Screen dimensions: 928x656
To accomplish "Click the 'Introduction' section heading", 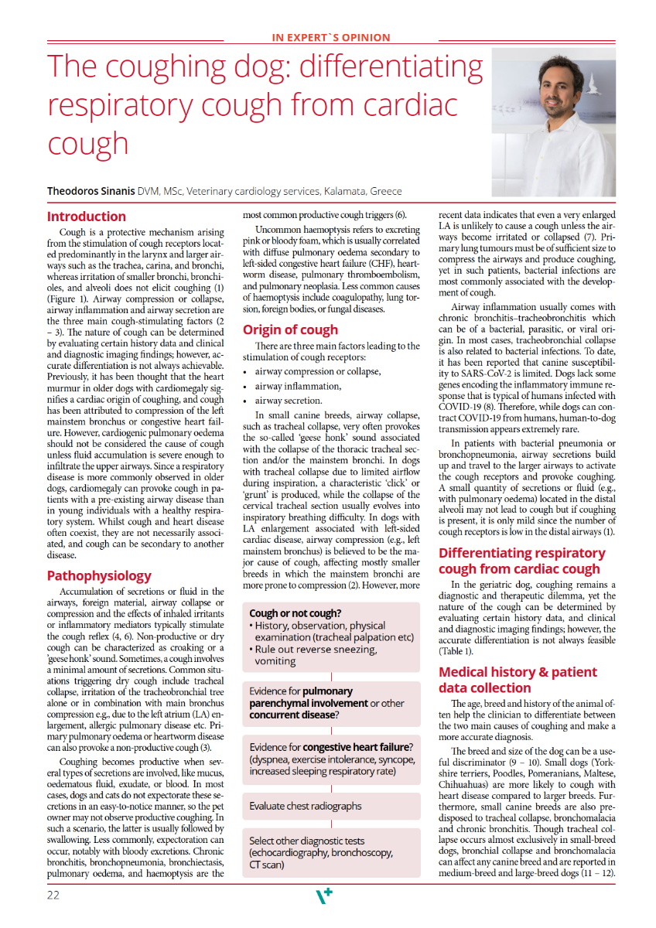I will click(x=86, y=217).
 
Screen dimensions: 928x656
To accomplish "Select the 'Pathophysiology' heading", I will click(x=99, y=576).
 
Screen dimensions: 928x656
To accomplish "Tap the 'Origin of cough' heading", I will click(x=290, y=330).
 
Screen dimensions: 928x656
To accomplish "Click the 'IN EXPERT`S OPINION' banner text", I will click(x=331, y=37).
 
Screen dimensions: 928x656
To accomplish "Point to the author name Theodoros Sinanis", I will click(x=90, y=191).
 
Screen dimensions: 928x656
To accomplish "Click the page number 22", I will click(x=53, y=896).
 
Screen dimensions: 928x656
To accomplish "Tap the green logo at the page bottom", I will click(x=324, y=896).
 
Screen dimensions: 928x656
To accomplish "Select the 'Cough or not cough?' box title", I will click(x=296, y=613).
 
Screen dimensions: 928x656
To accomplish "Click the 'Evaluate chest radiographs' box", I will click(x=306, y=806).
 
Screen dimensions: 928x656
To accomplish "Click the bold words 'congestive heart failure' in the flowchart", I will click(x=355, y=746).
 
